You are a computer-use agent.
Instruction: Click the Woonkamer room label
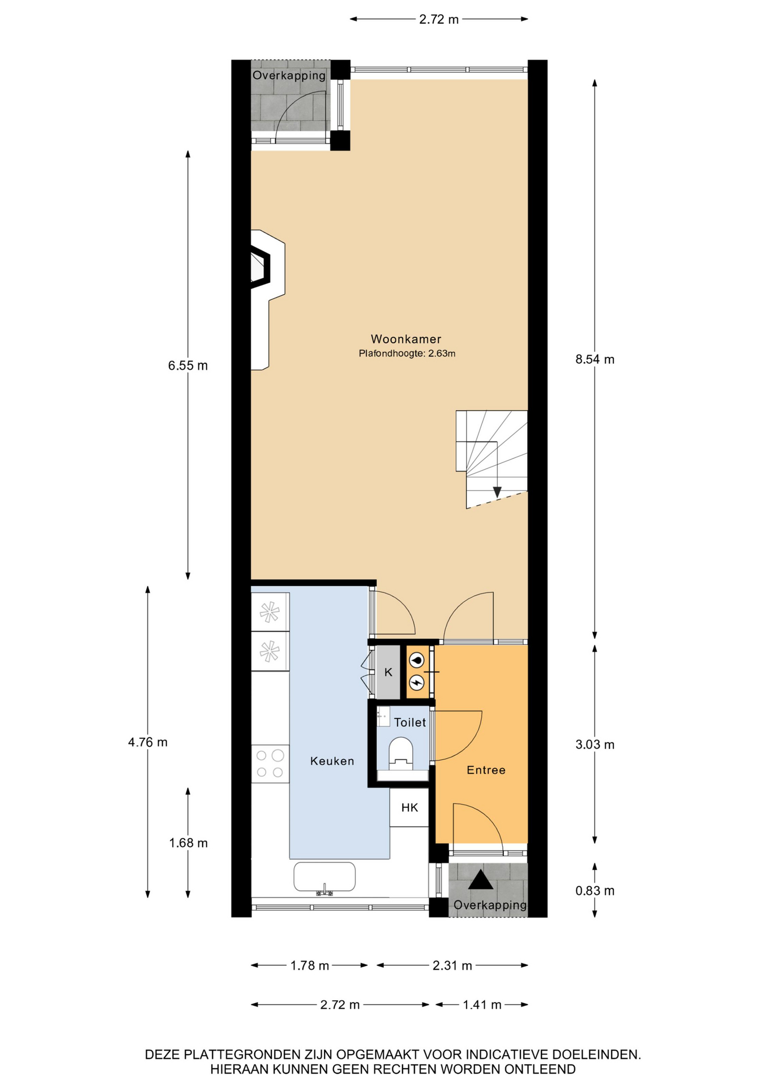[405, 339]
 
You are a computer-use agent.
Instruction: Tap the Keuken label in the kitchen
[332, 761]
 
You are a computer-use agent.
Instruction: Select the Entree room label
[486, 770]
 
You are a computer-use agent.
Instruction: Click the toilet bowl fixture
[401, 751]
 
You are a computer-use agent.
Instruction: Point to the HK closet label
[409, 807]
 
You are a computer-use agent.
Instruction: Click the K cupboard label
[388, 673]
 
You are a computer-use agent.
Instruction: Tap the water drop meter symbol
[417, 660]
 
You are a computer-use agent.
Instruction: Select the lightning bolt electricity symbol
[417, 683]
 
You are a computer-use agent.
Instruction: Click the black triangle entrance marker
[481, 880]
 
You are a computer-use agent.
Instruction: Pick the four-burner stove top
[270, 763]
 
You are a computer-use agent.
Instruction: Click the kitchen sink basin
[324, 877]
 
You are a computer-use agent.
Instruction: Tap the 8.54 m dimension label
[595, 359]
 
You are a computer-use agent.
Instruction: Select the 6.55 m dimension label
[188, 365]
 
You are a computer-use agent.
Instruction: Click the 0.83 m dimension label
[595, 891]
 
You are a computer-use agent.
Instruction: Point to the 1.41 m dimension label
[482, 1005]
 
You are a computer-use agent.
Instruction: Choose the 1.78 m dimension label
[310, 966]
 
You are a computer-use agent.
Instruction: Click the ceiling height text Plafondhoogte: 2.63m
[407, 354]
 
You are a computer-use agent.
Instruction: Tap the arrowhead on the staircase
[497, 492]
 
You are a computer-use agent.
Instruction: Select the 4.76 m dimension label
[148, 742]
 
